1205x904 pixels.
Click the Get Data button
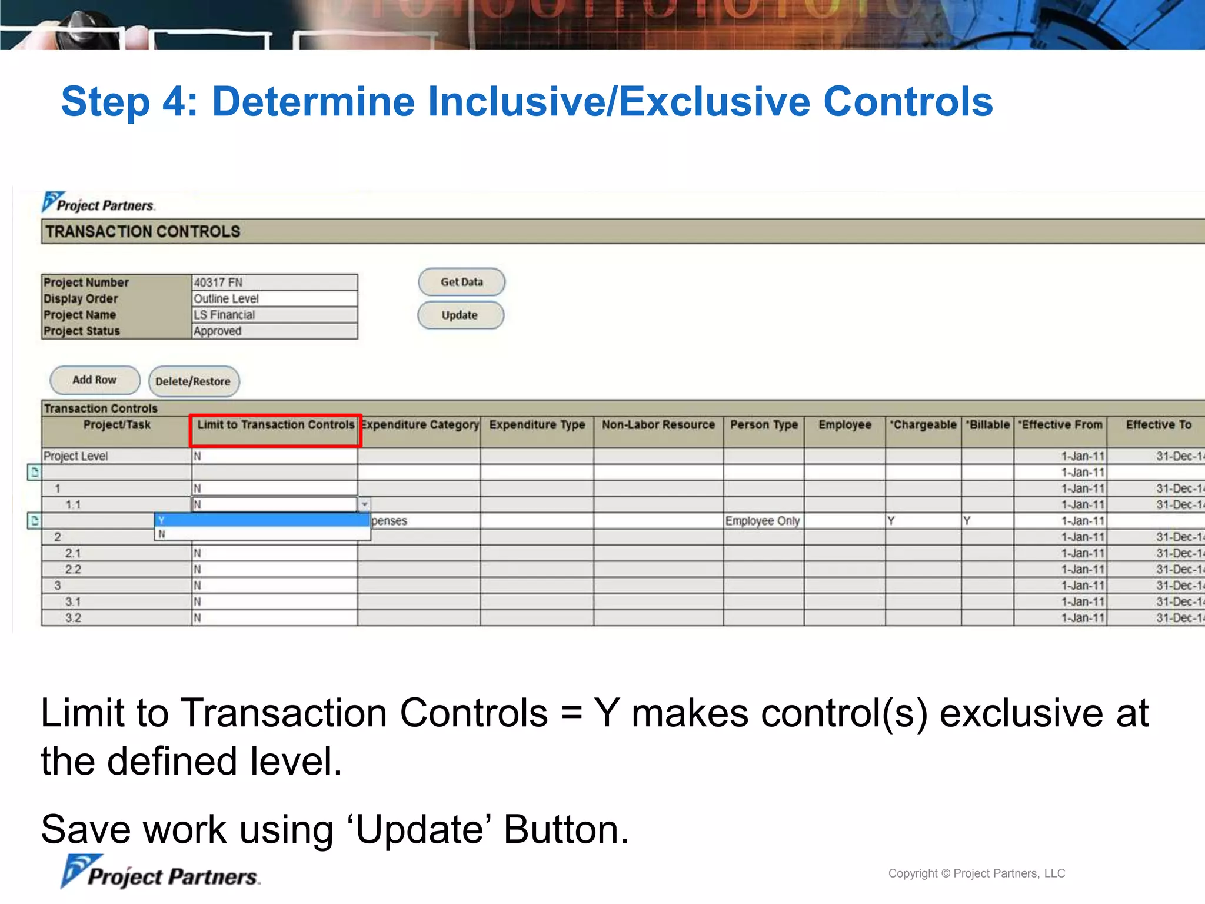coord(461,282)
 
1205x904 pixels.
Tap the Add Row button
coord(95,380)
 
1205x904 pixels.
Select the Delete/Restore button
coord(193,381)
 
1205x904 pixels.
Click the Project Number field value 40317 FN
coord(274,282)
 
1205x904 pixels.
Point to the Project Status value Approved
coord(274,331)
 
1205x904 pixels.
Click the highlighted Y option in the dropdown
coord(262,520)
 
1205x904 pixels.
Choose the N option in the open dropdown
coord(262,534)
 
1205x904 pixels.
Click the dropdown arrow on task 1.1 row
coord(365,504)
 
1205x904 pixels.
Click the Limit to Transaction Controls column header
coord(275,425)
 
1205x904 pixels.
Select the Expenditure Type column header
coord(537,425)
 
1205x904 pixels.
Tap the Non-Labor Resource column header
coord(658,425)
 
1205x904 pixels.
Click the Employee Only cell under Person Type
coord(763,521)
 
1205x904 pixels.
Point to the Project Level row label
coord(76,456)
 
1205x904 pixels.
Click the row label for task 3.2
coord(74,618)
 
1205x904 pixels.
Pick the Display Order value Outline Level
coord(274,299)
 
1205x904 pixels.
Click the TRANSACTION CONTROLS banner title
coord(143,231)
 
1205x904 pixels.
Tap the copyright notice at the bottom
coord(976,873)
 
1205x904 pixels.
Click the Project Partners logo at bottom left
coord(160,873)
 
